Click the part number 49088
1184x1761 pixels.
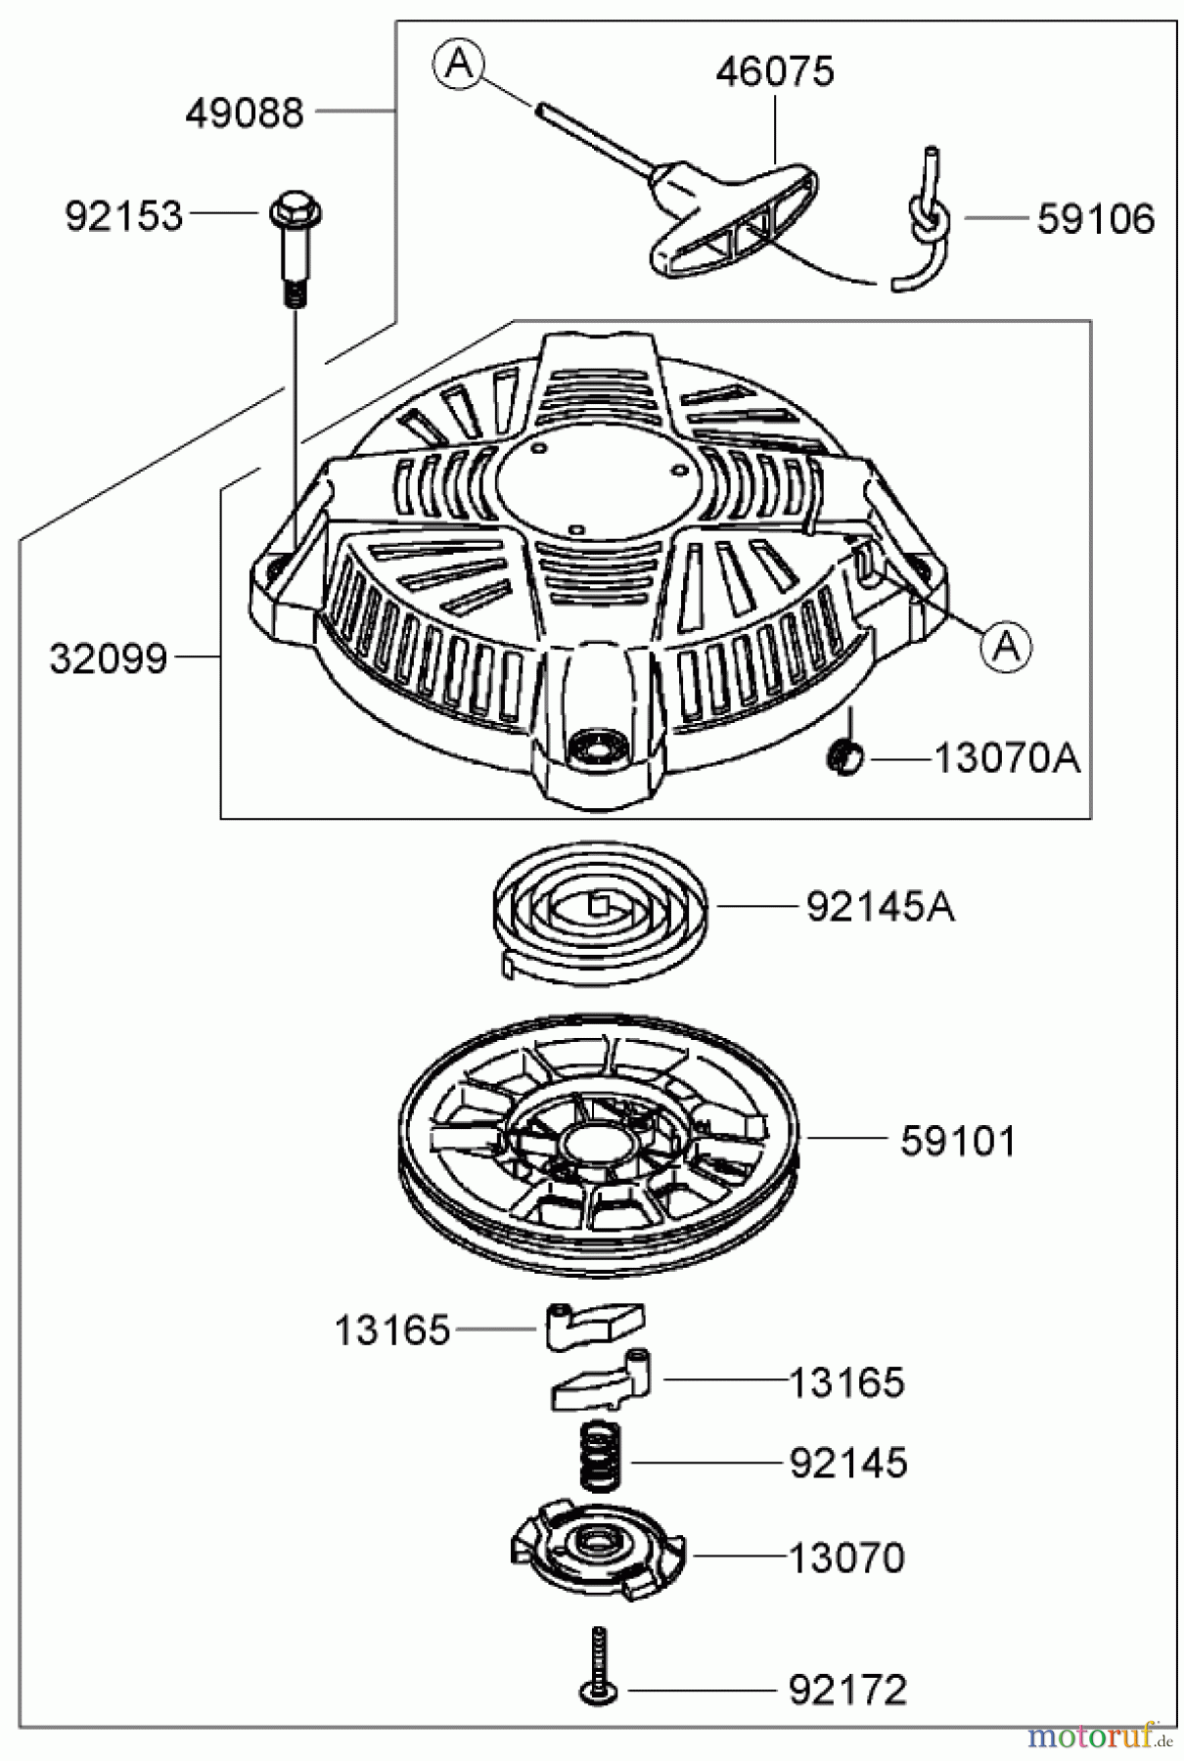pos(245,113)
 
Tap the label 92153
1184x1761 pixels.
pos(124,216)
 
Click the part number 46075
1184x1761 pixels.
pos(775,71)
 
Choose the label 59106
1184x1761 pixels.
pos(1096,219)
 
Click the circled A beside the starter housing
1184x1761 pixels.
pos(1006,645)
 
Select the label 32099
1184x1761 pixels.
pos(109,659)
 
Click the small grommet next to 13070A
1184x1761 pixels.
pos(843,756)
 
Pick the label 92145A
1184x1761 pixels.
pos(881,908)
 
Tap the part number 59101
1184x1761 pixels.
pos(959,1141)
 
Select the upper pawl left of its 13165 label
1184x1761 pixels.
pos(595,1326)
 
